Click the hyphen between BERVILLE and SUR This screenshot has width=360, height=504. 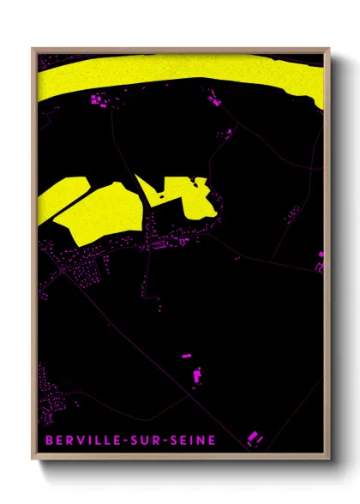[x=125, y=441]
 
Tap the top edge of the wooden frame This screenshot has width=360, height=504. [x=180, y=50]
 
